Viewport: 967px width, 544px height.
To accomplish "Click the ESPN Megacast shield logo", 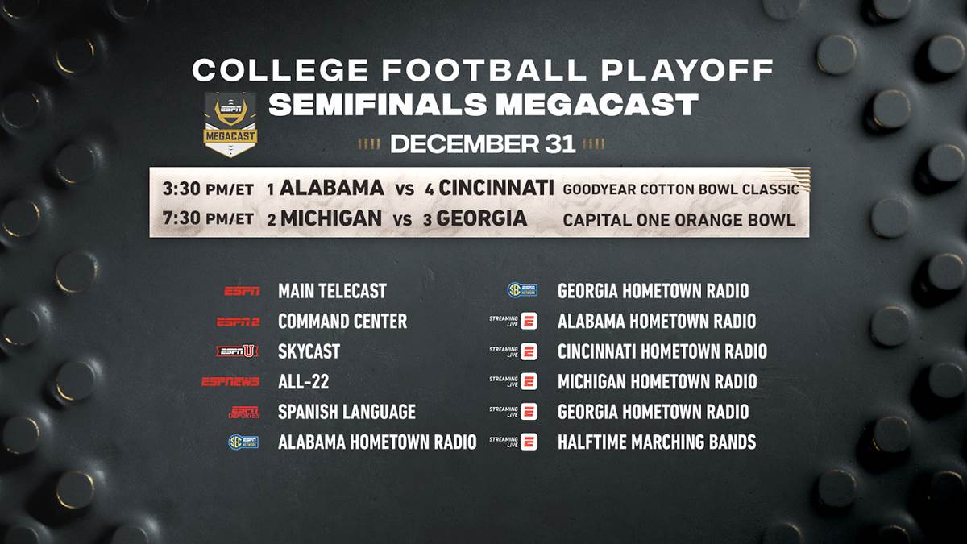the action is (230, 124).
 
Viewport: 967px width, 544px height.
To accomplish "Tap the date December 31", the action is (483, 143).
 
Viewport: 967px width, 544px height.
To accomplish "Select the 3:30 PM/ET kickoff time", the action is (208, 189).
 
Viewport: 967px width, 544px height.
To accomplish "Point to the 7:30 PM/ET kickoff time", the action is (208, 218).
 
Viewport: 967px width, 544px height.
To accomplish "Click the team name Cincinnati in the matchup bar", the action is (496, 188).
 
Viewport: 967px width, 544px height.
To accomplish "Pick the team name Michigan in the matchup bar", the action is (331, 218).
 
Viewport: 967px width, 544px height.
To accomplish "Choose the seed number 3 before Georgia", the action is (427, 220).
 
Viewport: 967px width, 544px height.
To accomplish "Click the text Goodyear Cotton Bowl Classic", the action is (681, 189).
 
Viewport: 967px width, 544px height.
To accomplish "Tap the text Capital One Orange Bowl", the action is (679, 220).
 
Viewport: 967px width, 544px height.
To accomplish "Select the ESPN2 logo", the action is (238, 322).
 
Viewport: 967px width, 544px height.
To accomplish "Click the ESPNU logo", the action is (237, 351).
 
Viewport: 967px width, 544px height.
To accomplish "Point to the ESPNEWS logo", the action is (230, 382).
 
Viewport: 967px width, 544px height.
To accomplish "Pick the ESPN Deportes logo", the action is (244, 413).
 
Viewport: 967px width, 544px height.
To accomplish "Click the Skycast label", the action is (309, 351).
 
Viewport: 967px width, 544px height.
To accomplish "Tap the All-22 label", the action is (304, 382).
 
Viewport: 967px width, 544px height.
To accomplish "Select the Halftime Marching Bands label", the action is (657, 442).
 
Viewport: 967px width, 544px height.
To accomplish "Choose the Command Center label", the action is (342, 322).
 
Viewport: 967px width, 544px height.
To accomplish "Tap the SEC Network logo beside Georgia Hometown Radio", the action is (522, 289).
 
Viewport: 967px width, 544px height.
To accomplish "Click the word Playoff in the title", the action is (687, 70).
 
